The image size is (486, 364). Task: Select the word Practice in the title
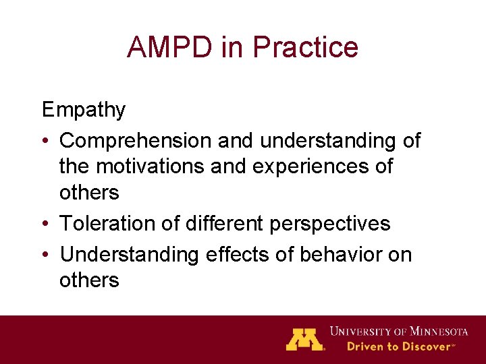point(305,47)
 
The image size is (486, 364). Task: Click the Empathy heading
point(84,109)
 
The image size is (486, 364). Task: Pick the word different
point(217,223)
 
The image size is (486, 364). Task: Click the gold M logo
point(304,339)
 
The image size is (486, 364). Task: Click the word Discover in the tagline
point(426,346)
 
